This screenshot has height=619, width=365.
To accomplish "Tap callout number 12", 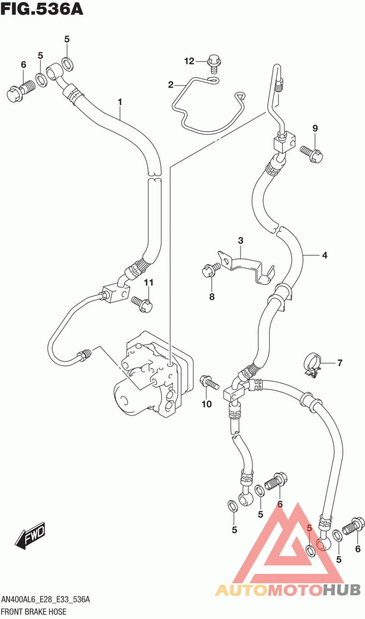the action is [189, 61].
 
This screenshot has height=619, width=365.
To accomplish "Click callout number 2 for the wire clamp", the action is [171, 85].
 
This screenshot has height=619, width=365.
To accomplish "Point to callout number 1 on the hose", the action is [120, 102].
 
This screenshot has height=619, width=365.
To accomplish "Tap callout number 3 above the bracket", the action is [240, 240].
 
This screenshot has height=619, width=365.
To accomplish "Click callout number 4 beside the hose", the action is [325, 255].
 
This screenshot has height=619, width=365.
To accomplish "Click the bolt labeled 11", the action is [142, 304].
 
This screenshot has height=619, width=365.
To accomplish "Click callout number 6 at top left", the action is [24, 65].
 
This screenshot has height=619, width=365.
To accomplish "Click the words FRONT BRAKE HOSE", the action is [34, 612].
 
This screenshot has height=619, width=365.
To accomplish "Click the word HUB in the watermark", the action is [342, 589].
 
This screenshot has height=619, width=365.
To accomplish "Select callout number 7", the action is [340, 362].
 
